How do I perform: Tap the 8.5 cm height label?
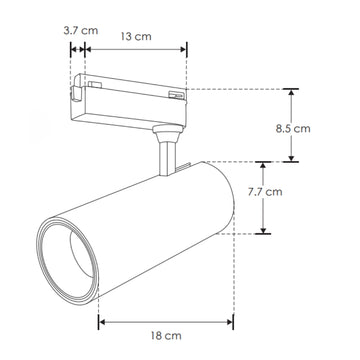tap(322, 128)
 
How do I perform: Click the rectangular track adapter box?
tap(130, 100)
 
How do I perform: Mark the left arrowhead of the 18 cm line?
tap(101, 323)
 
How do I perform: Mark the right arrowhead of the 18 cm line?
tap(230, 323)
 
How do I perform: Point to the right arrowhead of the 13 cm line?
tap(184, 48)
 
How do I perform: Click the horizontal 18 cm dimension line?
tap(165, 323)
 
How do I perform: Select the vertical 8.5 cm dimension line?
tap(292, 125)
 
